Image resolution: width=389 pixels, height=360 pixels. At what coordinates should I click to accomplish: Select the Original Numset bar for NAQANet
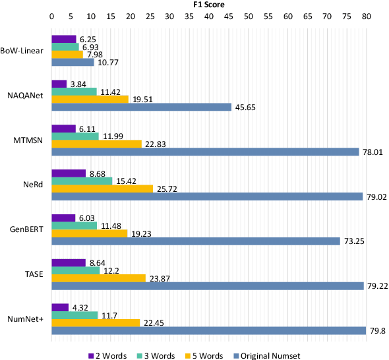pyautogui.click(x=141, y=107)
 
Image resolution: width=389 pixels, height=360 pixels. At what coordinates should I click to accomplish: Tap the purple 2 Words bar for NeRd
pyautogui.click(x=69, y=173)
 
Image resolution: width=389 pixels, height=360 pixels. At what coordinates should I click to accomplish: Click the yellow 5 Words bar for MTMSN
pyautogui.click(x=96, y=144)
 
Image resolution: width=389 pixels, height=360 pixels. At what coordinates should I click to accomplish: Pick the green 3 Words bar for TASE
pyautogui.click(x=75, y=270)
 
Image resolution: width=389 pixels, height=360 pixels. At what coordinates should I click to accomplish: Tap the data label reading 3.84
pyautogui.click(x=78, y=84)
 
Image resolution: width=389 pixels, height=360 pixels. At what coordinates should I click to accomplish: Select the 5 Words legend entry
pyautogui.click(x=211, y=355)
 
